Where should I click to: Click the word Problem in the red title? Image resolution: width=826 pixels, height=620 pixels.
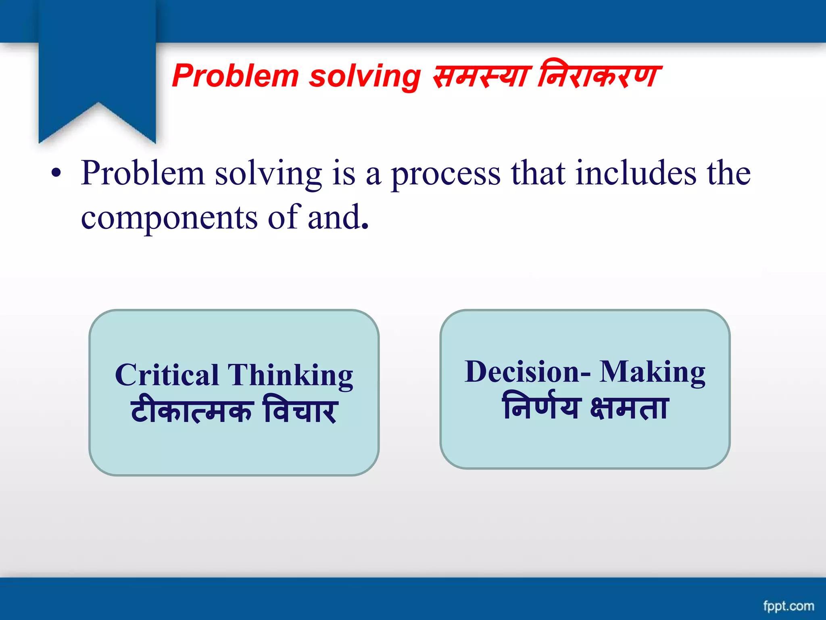click(236, 76)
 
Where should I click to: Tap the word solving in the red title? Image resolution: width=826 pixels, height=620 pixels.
click(365, 76)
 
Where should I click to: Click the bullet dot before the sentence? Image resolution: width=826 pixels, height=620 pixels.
click(56, 174)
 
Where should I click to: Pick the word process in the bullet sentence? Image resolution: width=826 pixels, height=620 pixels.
click(446, 174)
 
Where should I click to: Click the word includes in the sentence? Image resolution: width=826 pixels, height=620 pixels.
click(636, 173)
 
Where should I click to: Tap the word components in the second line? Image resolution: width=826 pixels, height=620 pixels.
click(169, 218)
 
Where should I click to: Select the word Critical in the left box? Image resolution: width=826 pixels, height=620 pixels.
click(167, 375)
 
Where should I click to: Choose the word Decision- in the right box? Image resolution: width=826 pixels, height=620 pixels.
click(528, 372)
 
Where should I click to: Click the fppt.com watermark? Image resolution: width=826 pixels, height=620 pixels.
click(788, 606)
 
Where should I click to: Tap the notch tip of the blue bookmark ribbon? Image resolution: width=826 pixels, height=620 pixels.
click(98, 103)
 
